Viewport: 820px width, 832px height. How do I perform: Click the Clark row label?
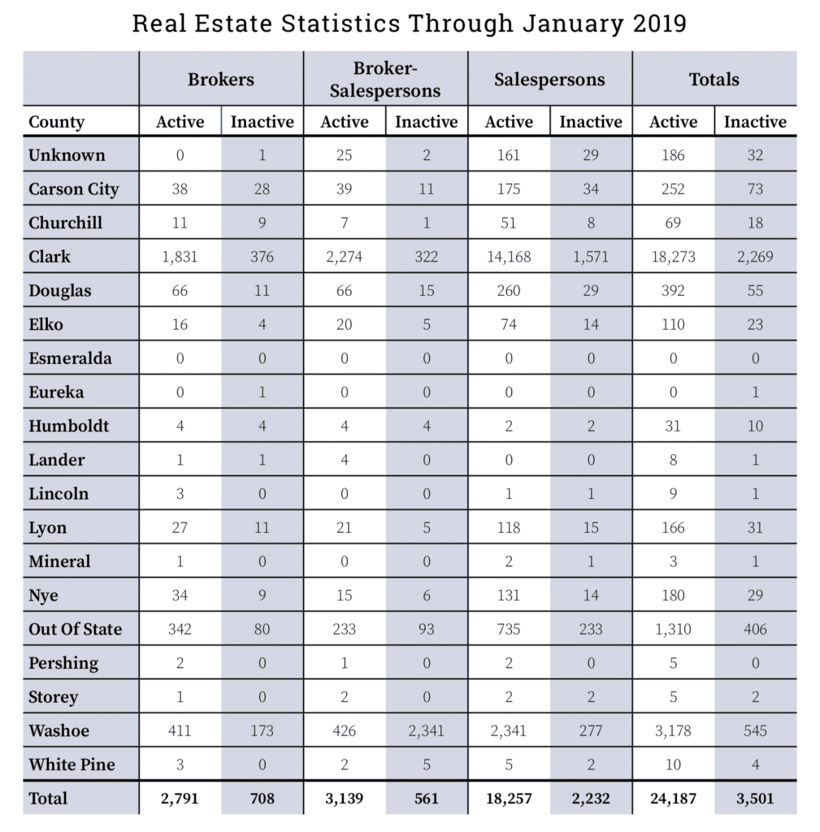pyautogui.click(x=50, y=257)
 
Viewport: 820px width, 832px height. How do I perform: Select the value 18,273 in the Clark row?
pyautogui.click(x=673, y=257)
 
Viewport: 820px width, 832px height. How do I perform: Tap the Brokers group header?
pyautogui.click(x=221, y=80)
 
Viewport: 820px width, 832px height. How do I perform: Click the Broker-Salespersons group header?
pyautogui.click(x=385, y=80)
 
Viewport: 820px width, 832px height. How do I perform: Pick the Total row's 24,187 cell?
pyautogui.click(x=673, y=799)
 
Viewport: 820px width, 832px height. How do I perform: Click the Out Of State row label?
pyautogui.click(x=75, y=629)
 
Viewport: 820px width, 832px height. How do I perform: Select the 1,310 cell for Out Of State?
pyautogui.click(x=673, y=629)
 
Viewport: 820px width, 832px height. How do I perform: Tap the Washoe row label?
pyautogui.click(x=59, y=730)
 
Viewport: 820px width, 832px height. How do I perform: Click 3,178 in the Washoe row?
pyautogui.click(x=673, y=730)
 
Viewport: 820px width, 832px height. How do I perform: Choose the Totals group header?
pyautogui.click(x=714, y=80)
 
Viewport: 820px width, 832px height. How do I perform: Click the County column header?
pyautogui.click(x=56, y=122)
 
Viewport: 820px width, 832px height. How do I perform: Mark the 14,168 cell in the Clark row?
pyautogui.click(x=509, y=257)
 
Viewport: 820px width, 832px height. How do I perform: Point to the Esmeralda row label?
pyautogui.click(x=70, y=358)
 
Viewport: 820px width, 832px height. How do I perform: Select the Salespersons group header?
pyautogui.click(x=549, y=80)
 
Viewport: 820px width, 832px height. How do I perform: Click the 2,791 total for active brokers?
pyautogui.click(x=180, y=799)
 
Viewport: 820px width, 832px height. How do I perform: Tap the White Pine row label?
pyautogui.click(x=72, y=765)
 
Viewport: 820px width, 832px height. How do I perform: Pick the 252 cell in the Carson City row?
pyautogui.click(x=673, y=189)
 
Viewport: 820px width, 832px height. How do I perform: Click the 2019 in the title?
pyautogui.click(x=659, y=23)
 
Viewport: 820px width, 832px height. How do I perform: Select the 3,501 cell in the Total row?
pyautogui.click(x=755, y=799)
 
